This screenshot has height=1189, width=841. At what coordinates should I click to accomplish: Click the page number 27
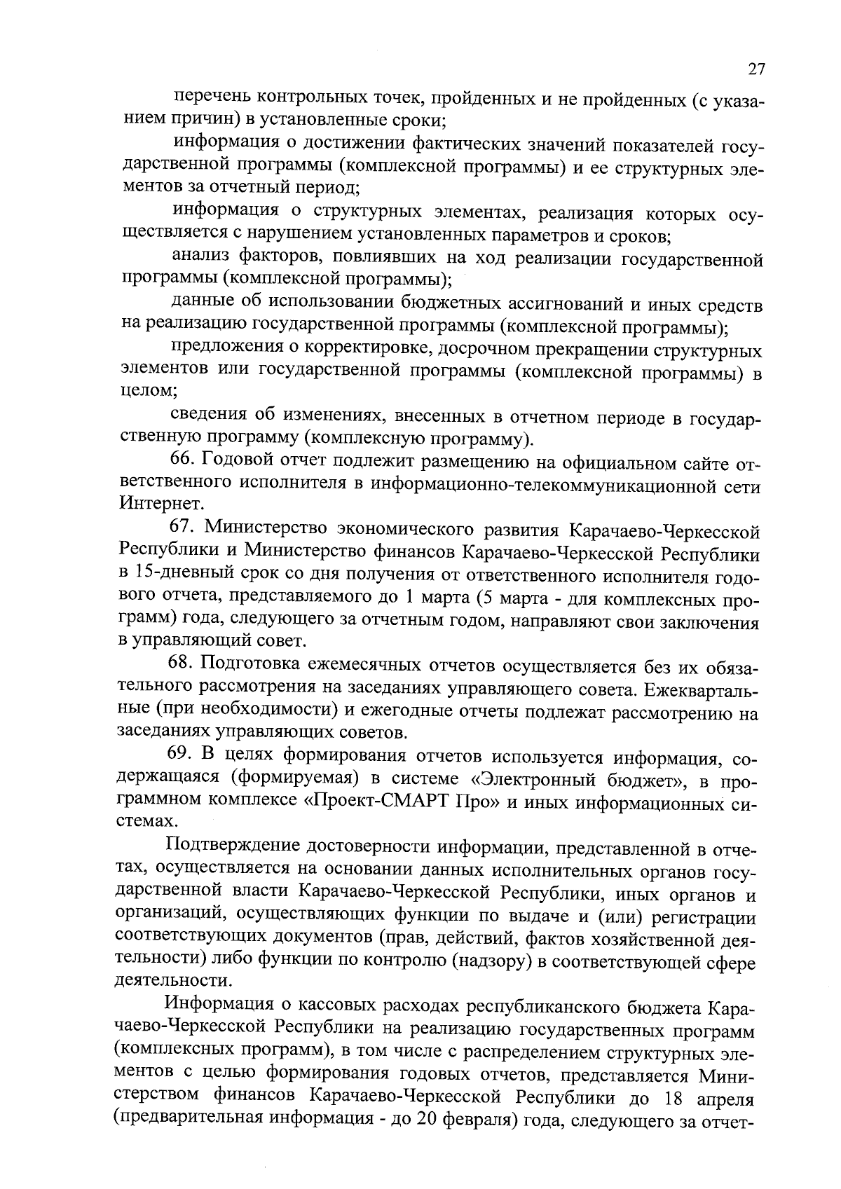pos(755,69)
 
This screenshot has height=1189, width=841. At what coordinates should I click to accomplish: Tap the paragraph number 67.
pos(184,528)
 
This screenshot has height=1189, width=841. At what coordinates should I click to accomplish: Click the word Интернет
pos(152,503)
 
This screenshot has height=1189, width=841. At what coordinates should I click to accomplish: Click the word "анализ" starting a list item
pos(203,258)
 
